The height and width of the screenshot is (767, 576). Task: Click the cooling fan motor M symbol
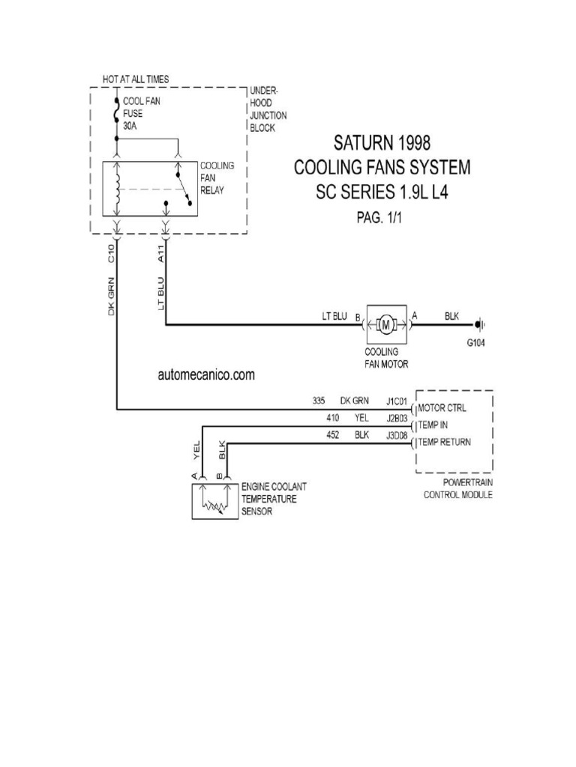(x=386, y=324)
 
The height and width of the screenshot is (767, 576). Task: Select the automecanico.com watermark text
(x=206, y=375)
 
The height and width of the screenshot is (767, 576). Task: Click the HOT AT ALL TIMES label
(x=136, y=79)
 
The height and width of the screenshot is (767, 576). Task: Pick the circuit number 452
(x=334, y=434)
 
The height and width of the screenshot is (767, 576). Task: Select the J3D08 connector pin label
(x=397, y=434)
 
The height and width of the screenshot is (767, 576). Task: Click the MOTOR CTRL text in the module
(x=442, y=409)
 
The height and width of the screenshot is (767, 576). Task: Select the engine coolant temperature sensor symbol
(x=214, y=501)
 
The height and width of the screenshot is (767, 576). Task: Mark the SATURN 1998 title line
(x=381, y=142)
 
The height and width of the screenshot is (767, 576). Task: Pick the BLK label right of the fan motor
(x=451, y=316)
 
